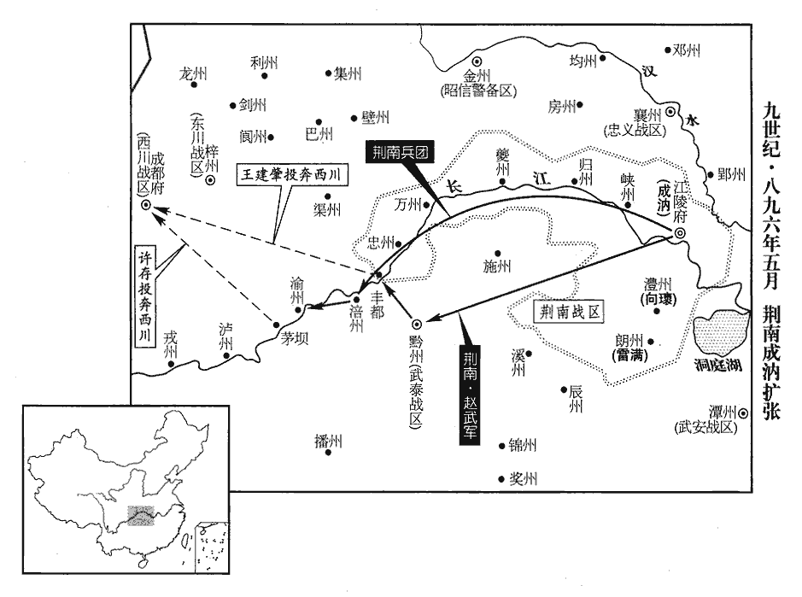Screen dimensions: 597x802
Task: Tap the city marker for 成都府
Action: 147,205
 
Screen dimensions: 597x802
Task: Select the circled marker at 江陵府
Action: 679,233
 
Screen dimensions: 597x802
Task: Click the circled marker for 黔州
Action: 416,324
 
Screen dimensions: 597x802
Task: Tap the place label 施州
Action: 497,266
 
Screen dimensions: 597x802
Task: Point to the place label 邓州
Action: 687,50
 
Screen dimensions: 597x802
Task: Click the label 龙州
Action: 194,73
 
